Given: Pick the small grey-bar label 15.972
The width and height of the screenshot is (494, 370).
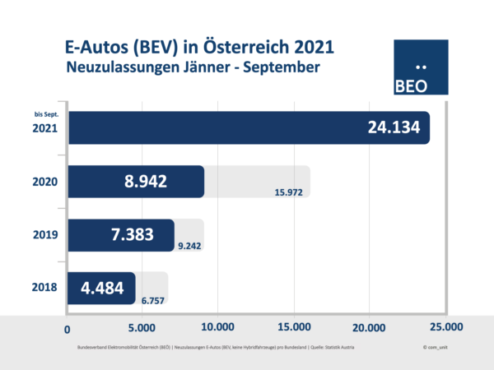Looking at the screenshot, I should click(x=289, y=193).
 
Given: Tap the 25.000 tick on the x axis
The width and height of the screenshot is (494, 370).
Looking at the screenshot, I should click(x=445, y=327).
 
